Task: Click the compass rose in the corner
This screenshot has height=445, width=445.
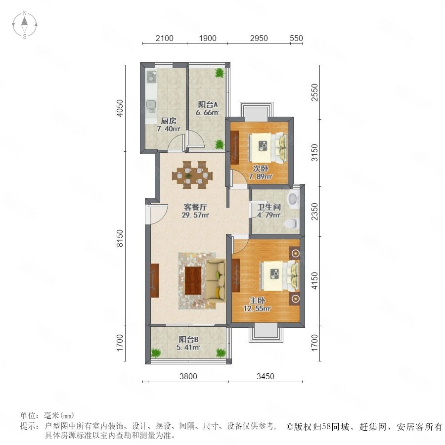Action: [25, 25]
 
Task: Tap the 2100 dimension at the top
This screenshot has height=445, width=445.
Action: [164, 38]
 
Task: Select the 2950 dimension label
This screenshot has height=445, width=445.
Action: [259, 38]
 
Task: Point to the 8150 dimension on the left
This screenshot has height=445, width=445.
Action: [120, 238]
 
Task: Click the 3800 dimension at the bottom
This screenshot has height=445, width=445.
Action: [188, 376]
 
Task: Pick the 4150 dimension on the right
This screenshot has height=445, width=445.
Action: [315, 281]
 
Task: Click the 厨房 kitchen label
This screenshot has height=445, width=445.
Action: [169, 121]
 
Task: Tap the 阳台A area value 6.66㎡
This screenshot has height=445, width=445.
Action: [208, 112]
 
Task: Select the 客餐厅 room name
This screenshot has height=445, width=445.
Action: [195, 207]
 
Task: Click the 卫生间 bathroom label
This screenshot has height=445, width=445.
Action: [269, 207]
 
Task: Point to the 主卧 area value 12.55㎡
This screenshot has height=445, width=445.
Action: [257, 308]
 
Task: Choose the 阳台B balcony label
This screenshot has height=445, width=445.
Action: [188, 339]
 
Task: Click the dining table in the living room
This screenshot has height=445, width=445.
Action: [192, 175]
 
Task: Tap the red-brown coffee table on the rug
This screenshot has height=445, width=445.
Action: [193, 281]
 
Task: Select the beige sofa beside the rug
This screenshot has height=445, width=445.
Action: [216, 280]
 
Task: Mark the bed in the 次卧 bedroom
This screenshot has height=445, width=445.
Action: [267, 147]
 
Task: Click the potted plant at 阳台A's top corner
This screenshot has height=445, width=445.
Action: [220, 73]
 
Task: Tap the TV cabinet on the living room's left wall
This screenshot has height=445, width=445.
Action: [155, 281]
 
